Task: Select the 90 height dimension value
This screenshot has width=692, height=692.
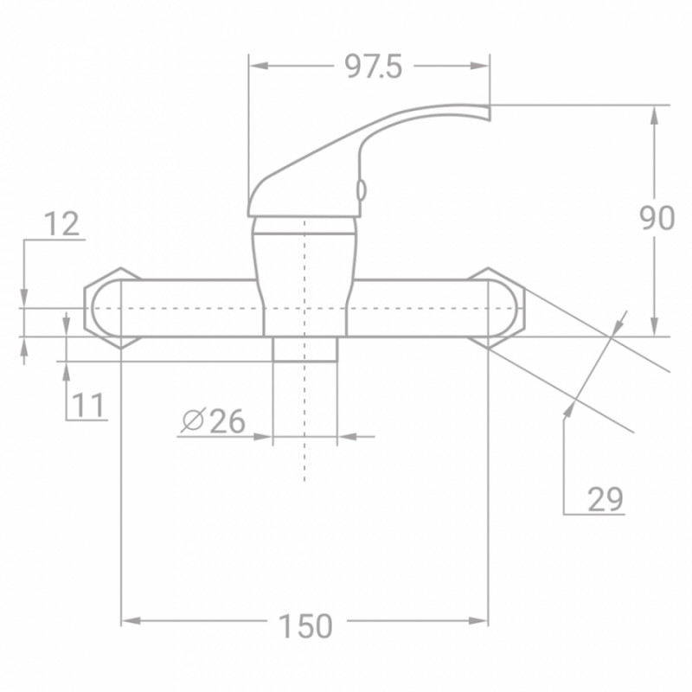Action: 657,219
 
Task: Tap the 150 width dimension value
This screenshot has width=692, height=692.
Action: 304,625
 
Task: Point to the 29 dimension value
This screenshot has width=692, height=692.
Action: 605,499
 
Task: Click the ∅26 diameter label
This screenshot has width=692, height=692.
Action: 214,421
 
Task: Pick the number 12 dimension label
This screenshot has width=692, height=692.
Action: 61,224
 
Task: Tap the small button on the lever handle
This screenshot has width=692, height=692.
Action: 362,189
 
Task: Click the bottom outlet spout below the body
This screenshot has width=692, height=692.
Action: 304,349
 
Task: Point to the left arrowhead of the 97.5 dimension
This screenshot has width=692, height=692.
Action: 255,67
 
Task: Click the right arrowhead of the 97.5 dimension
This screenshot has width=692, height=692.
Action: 484,67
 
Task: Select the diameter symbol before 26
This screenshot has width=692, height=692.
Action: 192,421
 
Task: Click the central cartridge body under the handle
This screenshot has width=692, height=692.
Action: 304,277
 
